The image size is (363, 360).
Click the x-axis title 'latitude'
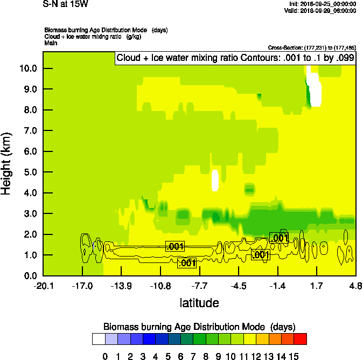coord(199,303)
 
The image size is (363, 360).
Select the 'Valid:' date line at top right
coord(320,10)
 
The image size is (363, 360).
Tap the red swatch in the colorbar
coord(301,339)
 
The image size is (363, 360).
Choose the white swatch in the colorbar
coord(99,339)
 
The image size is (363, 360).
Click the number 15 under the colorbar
coord(294,356)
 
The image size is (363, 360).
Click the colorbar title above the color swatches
coord(199,327)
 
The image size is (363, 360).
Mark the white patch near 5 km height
coord(215,180)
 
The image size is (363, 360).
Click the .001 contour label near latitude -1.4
coord(279,238)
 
